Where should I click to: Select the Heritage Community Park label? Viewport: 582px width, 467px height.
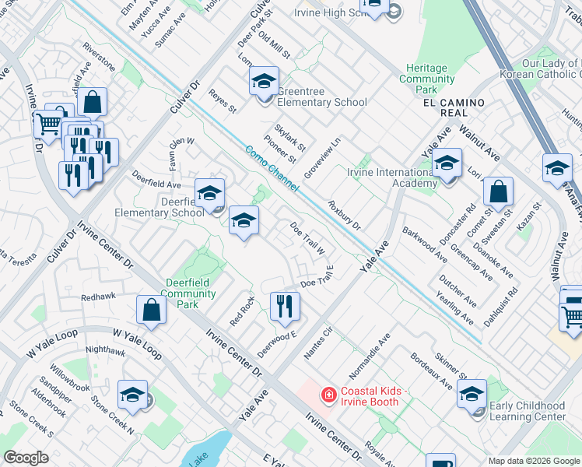[x=427, y=79]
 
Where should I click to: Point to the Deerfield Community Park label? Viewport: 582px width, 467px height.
[x=191, y=293]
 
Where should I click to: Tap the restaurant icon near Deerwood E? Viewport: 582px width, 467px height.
[x=284, y=307]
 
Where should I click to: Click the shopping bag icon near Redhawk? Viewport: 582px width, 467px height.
[x=151, y=310]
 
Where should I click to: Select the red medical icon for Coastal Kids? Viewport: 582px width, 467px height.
[x=328, y=396]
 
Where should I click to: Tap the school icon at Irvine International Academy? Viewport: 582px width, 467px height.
[x=447, y=164]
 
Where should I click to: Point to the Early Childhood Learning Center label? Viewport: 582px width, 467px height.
[x=528, y=411]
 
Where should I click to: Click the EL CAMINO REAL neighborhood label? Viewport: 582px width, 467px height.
[x=454, y=107]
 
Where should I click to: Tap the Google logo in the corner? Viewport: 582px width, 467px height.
[x=26, y=458]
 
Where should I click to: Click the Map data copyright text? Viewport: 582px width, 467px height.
[x=533, y=461]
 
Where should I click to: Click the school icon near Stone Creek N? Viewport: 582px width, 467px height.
[x=132, y=395]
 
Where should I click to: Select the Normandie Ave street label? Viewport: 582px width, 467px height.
[x=380, y=353]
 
